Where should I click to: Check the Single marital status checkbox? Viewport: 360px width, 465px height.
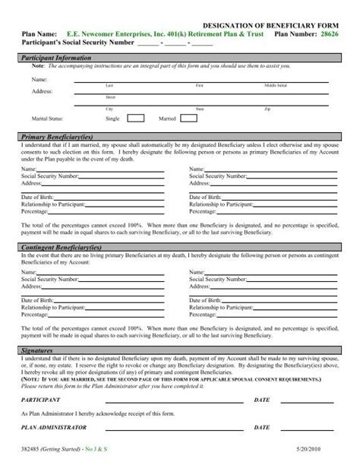(135, 118)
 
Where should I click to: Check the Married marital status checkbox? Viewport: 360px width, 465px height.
(188, 118)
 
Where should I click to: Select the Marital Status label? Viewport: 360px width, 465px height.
(48, 119)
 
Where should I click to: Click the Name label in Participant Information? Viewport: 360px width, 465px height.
(39, 78)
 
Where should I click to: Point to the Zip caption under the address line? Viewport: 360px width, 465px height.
(266, 109)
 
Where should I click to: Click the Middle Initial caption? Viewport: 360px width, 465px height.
(276, 85)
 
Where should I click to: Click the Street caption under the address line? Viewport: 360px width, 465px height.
(111, 97)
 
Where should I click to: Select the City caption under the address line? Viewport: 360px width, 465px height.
(110, 109)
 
